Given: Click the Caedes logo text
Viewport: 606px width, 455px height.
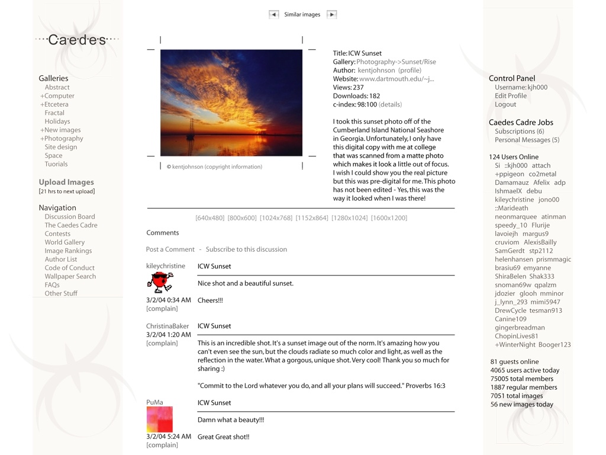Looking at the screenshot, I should point(77,40).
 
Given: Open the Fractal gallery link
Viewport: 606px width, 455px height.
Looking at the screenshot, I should point(54,113).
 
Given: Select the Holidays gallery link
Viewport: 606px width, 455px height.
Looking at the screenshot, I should point(57,121).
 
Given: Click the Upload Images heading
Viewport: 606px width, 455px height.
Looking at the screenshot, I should point(66,182).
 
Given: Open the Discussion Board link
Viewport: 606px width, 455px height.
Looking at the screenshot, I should point(70,217).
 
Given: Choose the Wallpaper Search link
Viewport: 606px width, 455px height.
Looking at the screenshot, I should point(70,277).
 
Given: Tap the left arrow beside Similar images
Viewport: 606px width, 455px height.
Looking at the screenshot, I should point(273,15).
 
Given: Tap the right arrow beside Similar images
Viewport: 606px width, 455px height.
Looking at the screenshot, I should point(332,15).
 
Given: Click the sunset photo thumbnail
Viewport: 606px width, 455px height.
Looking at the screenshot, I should point(231,102).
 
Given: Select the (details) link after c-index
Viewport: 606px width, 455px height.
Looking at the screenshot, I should point(390,105).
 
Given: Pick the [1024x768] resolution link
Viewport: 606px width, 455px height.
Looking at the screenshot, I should point(276,218).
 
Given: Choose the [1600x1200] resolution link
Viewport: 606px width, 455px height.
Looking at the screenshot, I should point(389,218).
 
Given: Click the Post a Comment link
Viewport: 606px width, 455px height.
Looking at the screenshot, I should point(170,249).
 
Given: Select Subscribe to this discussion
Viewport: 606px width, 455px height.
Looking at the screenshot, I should point(246,249).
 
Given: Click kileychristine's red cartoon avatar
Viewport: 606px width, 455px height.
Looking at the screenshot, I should point(159,283).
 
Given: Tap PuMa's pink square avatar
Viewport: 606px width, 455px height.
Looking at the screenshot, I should point(160,419).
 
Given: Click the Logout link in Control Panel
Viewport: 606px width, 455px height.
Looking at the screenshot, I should point(505,105).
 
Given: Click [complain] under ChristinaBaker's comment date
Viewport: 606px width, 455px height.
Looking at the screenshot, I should point(162,344).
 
